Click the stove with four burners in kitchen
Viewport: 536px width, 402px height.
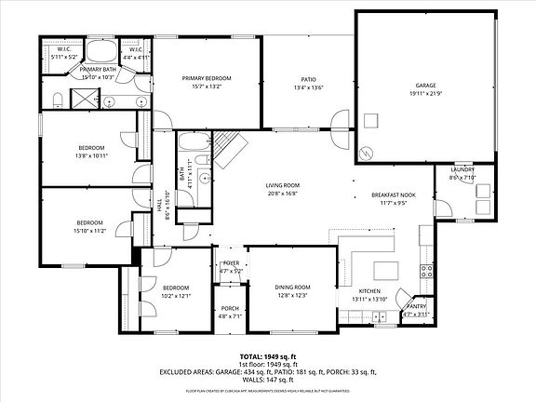click(x=427, y=272)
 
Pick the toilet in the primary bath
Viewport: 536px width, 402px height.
click(x=57, y=99)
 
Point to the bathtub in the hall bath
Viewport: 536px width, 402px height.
click(x=193, y=144)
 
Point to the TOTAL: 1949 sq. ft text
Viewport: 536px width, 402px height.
click(x=267, y=356)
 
